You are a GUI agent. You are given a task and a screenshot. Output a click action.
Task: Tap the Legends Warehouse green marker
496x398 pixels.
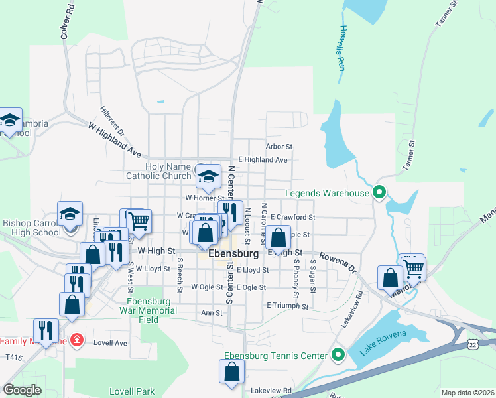[379, 194]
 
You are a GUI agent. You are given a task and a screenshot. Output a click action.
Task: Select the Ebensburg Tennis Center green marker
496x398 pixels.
[338, 356]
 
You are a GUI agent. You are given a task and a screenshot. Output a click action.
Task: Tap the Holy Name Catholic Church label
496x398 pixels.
[158, 172]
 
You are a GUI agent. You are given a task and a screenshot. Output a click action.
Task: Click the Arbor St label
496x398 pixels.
[279, 146]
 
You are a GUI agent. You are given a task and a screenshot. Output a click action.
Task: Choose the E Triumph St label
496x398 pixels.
[288, 306]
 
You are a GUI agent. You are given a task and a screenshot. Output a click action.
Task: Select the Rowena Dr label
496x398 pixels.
[339, 261]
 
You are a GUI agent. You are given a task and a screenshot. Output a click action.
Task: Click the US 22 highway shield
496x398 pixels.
[471, 344]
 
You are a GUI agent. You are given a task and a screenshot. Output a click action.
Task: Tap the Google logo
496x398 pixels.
[22, 390]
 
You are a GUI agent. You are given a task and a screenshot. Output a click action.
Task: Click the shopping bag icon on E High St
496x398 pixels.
[280, 237]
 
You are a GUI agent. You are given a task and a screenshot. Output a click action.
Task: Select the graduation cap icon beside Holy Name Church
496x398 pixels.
[208, 176]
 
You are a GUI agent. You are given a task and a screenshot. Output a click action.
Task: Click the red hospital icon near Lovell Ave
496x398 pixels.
[77, 340]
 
